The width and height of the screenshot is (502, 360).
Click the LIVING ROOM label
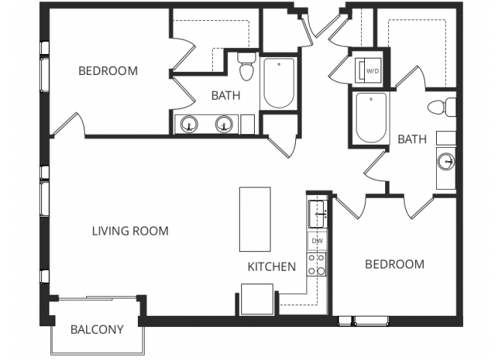pos(130,231)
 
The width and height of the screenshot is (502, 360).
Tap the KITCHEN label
pos(271,266)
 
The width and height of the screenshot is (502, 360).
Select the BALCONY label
pos(97,329)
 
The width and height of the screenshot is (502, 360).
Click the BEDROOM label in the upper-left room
pos(108,71)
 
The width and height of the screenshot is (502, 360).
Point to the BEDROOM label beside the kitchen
pos(394,264)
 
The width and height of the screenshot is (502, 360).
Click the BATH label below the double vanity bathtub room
pos(226,95)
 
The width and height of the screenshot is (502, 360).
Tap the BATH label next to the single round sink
pos(412,139)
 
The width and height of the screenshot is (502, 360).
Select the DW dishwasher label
pos(317,241)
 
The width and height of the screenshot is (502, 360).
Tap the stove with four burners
pos(317,265)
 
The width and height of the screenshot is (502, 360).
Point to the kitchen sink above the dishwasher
pos(318,213)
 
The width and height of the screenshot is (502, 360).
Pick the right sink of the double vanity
pos(224,124)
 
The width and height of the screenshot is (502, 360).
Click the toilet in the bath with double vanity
pos(246,67)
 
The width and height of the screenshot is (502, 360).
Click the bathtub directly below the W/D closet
pos(371,118)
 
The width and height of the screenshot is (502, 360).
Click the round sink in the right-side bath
pos(447,160)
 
